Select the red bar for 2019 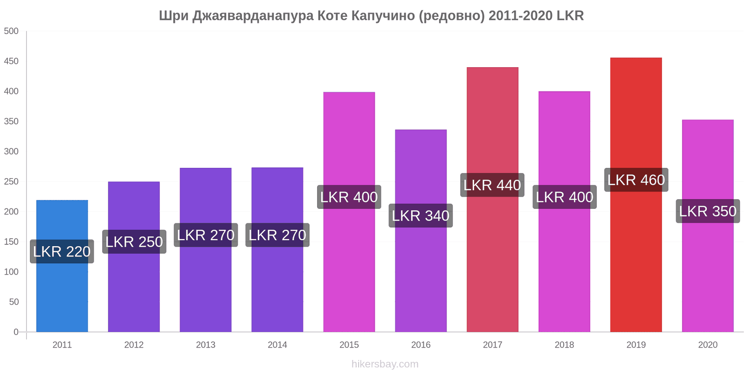point(636,261)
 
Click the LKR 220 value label point(62,252)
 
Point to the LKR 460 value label point(636,180)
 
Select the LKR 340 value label point(421,216)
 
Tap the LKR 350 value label point(708,211)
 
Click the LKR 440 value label point(492,185)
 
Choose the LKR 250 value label point(134,242)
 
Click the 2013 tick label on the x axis point(206,345)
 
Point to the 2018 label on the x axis point(564,345)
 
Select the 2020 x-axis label point(708,345)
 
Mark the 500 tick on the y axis point(11,31)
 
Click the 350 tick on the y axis point(11,122)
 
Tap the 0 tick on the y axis point(16,332)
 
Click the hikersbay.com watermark point(385,364)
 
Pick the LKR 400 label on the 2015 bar point(349,197)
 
